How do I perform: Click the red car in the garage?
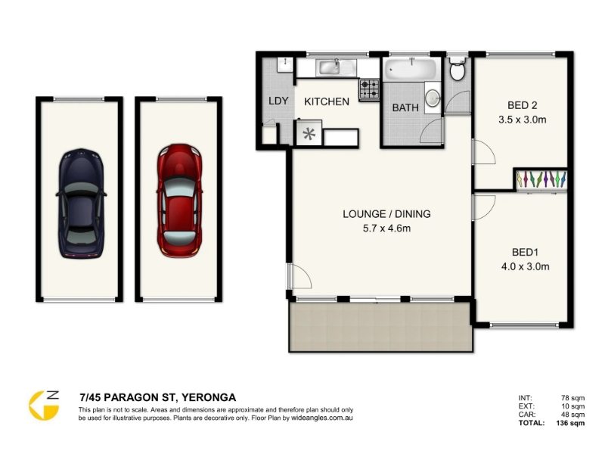pos(179,201)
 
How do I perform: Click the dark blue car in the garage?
pos(81,204)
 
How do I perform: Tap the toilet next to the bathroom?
pos(458,70)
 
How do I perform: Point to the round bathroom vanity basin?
pos(433,98)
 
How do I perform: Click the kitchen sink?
pos(336,68)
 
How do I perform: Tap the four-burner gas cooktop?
pos(370,89)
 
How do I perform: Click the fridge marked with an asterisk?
pos(309,133)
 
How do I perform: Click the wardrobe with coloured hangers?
pos(541,180)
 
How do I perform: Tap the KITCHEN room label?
pos(327,101)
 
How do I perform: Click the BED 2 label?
pos(522,105)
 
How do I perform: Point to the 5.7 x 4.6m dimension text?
pos(386,229)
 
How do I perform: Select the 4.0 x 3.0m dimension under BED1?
pos(525,266)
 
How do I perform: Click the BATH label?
pos(405,107)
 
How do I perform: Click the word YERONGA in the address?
pos(209,397)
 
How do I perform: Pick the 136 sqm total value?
pos(570,423)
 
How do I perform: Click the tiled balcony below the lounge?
pos(381,327)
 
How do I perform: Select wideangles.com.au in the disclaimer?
pos(322,418)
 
